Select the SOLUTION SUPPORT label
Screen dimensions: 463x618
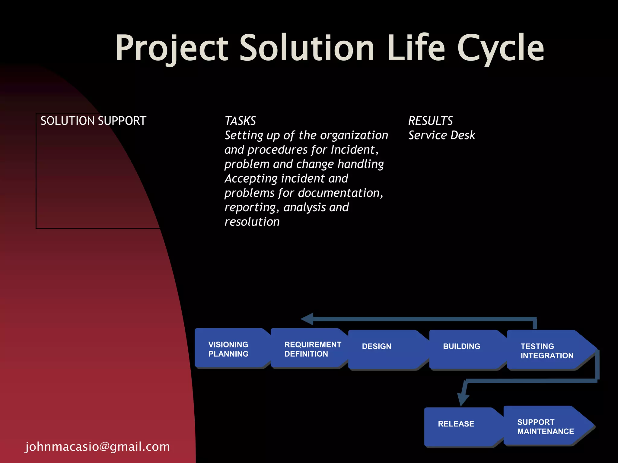93,121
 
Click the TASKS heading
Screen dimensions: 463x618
240,121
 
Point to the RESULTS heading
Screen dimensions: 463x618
430,121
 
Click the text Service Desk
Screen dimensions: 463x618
441,135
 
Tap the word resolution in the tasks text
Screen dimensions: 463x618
252,222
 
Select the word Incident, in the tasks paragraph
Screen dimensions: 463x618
355,150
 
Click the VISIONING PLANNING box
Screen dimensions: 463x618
231,349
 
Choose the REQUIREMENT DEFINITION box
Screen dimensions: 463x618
309,349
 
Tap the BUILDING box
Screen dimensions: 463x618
465,350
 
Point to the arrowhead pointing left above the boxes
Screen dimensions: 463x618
308,319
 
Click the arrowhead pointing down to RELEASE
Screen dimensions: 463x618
463,400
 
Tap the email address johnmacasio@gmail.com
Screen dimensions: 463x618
97,447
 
